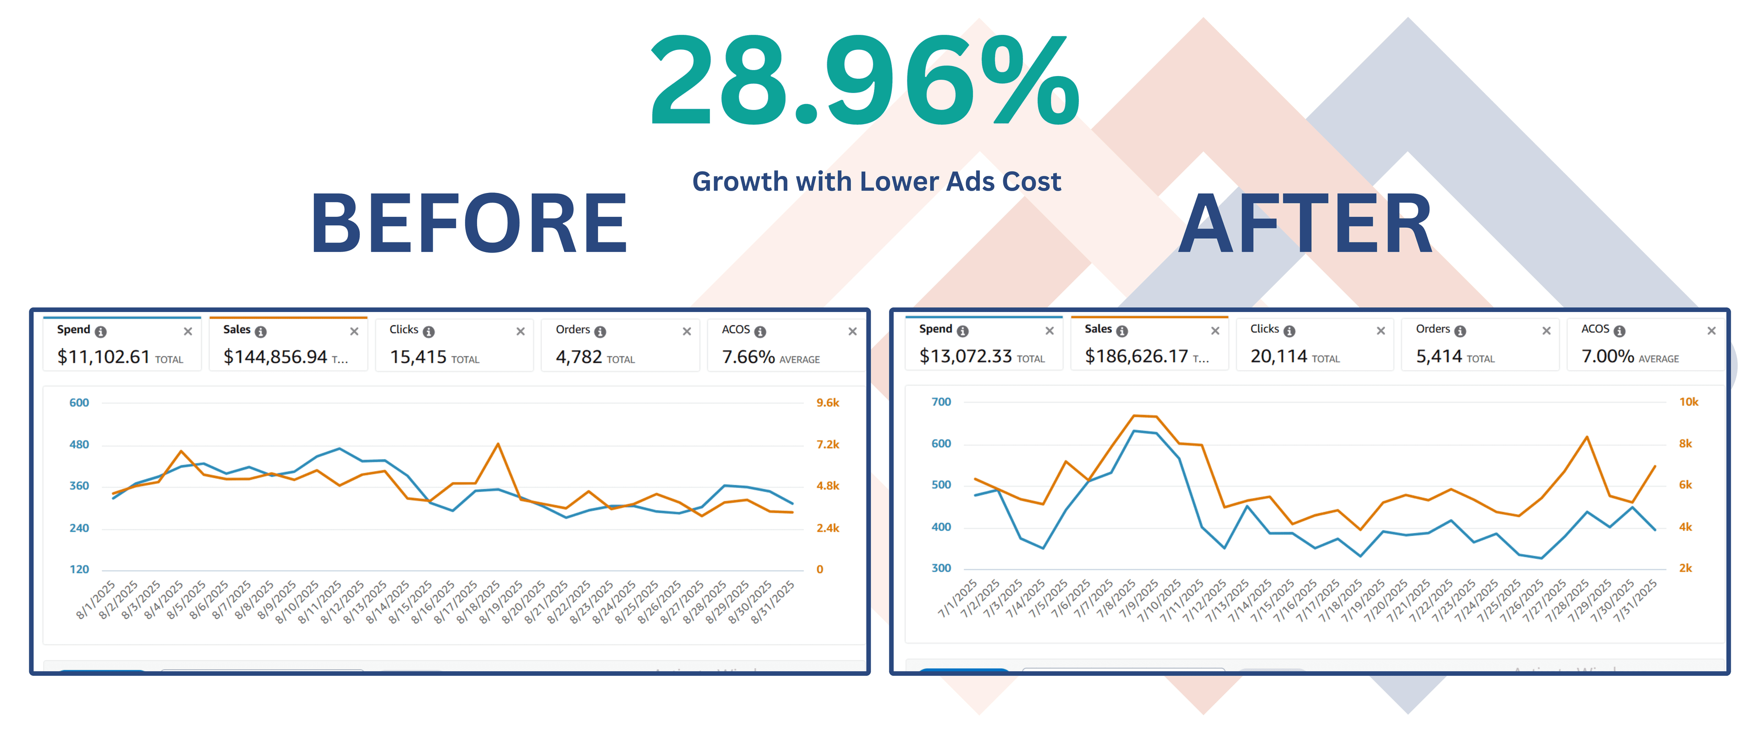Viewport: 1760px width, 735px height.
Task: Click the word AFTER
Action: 1305,224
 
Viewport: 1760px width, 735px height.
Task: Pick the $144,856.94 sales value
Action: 275,357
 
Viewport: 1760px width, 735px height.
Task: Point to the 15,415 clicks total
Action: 418,357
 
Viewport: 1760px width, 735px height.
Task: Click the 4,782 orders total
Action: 579,357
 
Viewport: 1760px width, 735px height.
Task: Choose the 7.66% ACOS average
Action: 748,357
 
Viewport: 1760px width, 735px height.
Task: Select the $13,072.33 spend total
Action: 965,356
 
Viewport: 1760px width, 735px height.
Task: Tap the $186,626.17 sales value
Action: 1136,356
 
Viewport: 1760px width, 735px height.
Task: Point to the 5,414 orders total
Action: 1439,356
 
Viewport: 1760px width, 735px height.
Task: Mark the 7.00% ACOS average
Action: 1606,356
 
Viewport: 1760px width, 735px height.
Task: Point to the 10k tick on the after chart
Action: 1688,402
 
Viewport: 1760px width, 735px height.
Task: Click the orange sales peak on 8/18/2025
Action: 498,444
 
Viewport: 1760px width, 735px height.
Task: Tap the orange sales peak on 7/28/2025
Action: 1586,437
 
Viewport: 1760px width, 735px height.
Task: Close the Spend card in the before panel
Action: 188,331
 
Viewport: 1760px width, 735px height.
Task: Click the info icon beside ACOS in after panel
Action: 1619,331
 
